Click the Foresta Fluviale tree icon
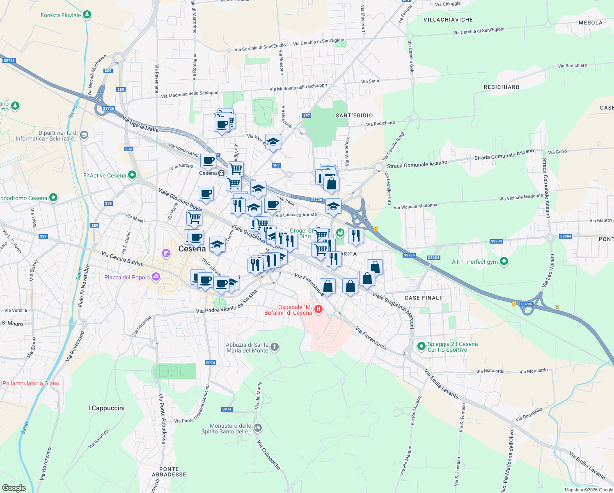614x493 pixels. tap(87, 15)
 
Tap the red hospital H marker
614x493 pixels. tap(318, 309)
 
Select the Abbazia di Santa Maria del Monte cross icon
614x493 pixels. tap(275, 348)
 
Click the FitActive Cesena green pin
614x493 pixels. tap(132, 175)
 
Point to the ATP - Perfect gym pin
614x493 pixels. tap(504, 261)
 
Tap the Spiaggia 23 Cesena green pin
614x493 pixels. tap(421, 346)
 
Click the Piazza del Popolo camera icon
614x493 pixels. tap(156, 277)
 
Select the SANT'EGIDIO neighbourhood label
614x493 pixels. tap(354, 115)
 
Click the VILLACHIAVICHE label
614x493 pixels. tap(448, 20)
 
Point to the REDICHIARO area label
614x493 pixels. tap(502, 87)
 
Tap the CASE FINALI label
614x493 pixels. tap(423, 298)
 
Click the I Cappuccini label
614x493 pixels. tap(106, 408)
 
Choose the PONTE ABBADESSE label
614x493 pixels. tap(169, 472)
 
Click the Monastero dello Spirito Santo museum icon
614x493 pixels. tap(258, 428)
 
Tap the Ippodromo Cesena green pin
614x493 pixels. tap(53, 198)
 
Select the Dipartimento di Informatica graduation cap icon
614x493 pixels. tap(84, 135)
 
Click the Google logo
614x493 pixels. tap(14, 488)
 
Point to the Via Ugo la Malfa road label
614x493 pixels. tap(140, 124)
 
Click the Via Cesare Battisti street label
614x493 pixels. tap(123, 259)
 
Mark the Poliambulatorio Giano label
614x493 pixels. tap(31, 383)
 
